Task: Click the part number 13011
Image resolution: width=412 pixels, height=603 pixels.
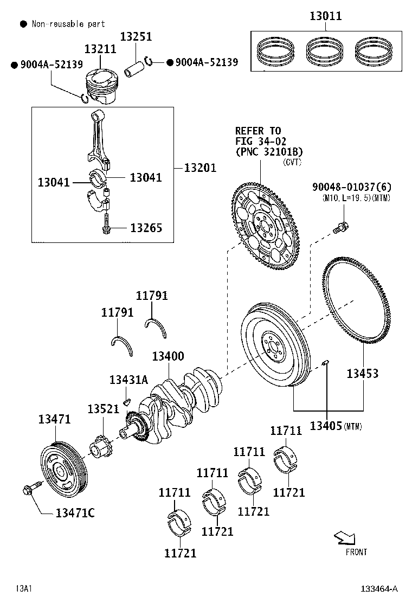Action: (325, 16)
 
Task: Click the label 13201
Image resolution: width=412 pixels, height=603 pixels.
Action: (200, 168)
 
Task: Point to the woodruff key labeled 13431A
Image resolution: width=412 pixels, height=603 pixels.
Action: (125, 402)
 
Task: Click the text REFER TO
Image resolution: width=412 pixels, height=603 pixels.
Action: (258, 131)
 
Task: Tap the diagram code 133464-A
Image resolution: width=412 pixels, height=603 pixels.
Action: (380, 589)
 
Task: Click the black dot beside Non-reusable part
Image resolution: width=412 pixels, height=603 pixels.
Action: (23, 24)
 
